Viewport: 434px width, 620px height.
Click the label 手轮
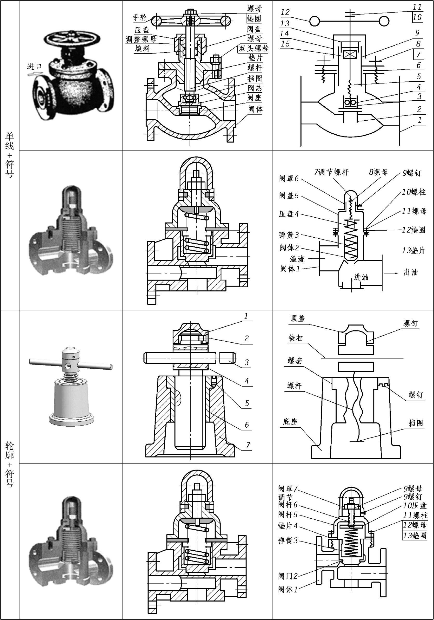(139, 18)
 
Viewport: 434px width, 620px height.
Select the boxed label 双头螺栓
(253, 49)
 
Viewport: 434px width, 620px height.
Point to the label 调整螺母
(141, 40)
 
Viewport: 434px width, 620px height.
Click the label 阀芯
(255, 88)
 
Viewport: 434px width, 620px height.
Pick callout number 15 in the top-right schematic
(285, 43)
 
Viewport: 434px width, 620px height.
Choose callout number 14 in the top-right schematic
(284, 34)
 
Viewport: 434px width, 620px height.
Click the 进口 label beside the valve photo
(35, 66)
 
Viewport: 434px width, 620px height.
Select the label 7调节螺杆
(331, 172)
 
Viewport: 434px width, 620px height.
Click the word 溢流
(297, 259)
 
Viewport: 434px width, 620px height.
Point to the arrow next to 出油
(391, 273)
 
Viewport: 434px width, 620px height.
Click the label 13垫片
(413, 251)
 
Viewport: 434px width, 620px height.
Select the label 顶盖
(298, 319)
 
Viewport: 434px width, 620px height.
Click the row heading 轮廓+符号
(9, 465)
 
